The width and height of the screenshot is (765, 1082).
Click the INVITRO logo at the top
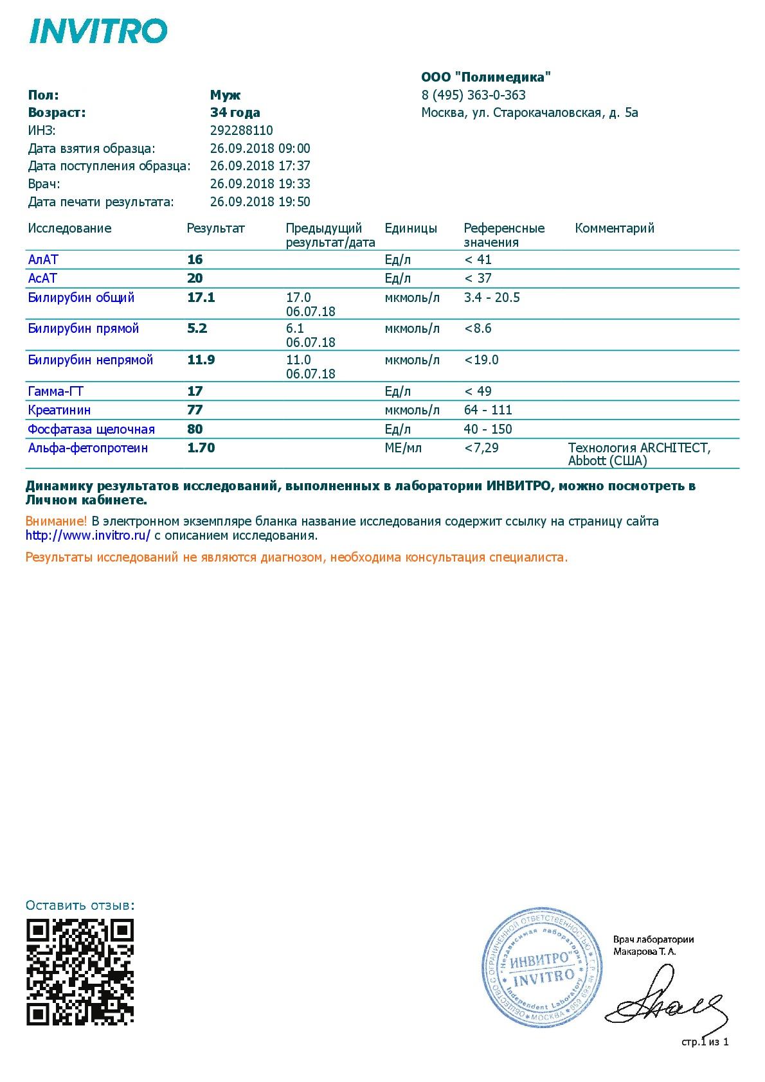(x=98, y=31)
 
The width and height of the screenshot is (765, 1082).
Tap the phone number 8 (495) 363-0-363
(x=473, y=95)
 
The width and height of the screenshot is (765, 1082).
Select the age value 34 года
(x=235, y=112)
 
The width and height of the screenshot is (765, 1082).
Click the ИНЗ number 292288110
(x=241, y=130)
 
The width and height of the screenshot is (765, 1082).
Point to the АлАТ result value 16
(x=195, y=260)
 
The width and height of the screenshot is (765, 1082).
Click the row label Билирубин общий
(x=81, y=297)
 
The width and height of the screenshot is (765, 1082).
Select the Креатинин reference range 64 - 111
(x=488, y=410)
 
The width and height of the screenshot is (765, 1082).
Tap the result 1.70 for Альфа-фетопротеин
(x=201, y=448)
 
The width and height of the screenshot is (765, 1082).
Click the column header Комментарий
(x=614, y=228)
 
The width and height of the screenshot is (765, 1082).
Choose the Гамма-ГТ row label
(x=56, y=391)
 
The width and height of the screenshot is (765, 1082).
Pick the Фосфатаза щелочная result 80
(x=195, y=429)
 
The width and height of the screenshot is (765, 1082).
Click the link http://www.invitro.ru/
(x=88, y=535)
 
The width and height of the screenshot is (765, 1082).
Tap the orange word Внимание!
(x=56, y=521)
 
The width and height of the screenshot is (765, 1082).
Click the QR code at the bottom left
(x=80, y=971)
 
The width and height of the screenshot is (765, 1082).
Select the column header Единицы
(x=411, y=228)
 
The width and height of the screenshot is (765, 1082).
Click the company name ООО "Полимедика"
(x=486, y=78)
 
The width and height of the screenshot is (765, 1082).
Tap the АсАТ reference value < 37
(x=478, y=278)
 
